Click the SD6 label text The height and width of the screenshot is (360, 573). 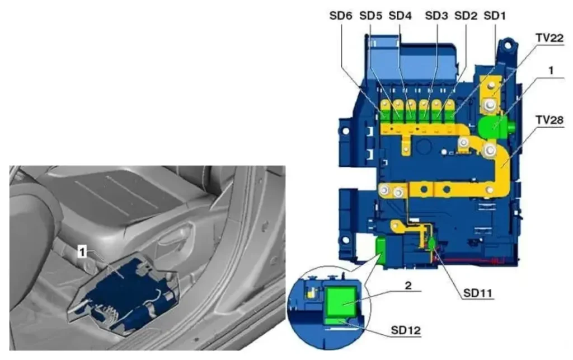click(340, 16)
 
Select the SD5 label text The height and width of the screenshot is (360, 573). click(371, 16)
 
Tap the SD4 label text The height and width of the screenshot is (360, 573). click(400, 16)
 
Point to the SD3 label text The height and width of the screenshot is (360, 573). click(436, 16)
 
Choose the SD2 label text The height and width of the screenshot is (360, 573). click(466, 16)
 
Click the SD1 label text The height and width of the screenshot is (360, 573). click(495, 16)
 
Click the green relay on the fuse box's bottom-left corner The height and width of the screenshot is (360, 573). click(381, 250)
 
